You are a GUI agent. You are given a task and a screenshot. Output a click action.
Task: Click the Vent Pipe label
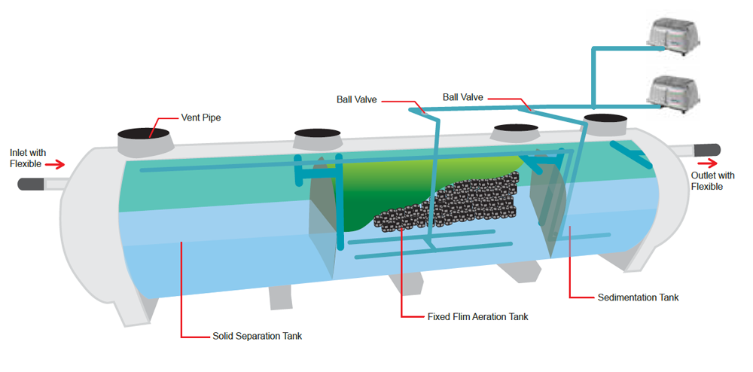(x=200, y=118)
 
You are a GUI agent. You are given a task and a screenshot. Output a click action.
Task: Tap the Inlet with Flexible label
(x=27, y=158)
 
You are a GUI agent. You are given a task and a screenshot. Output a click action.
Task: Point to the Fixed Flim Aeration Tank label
(x=477, y=317)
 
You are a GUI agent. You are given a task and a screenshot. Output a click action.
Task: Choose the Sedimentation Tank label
(x=638, y=297)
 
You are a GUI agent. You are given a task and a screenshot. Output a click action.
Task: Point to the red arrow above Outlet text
(x=707, y=161)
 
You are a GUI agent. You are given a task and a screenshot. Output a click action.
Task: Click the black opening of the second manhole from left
(x=318, y=134)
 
